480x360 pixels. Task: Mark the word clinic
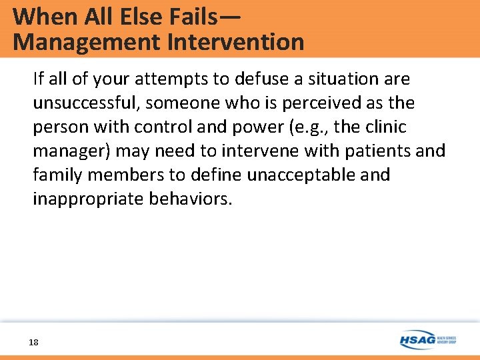383,127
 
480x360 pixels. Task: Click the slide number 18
33,342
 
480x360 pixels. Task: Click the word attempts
167,79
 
